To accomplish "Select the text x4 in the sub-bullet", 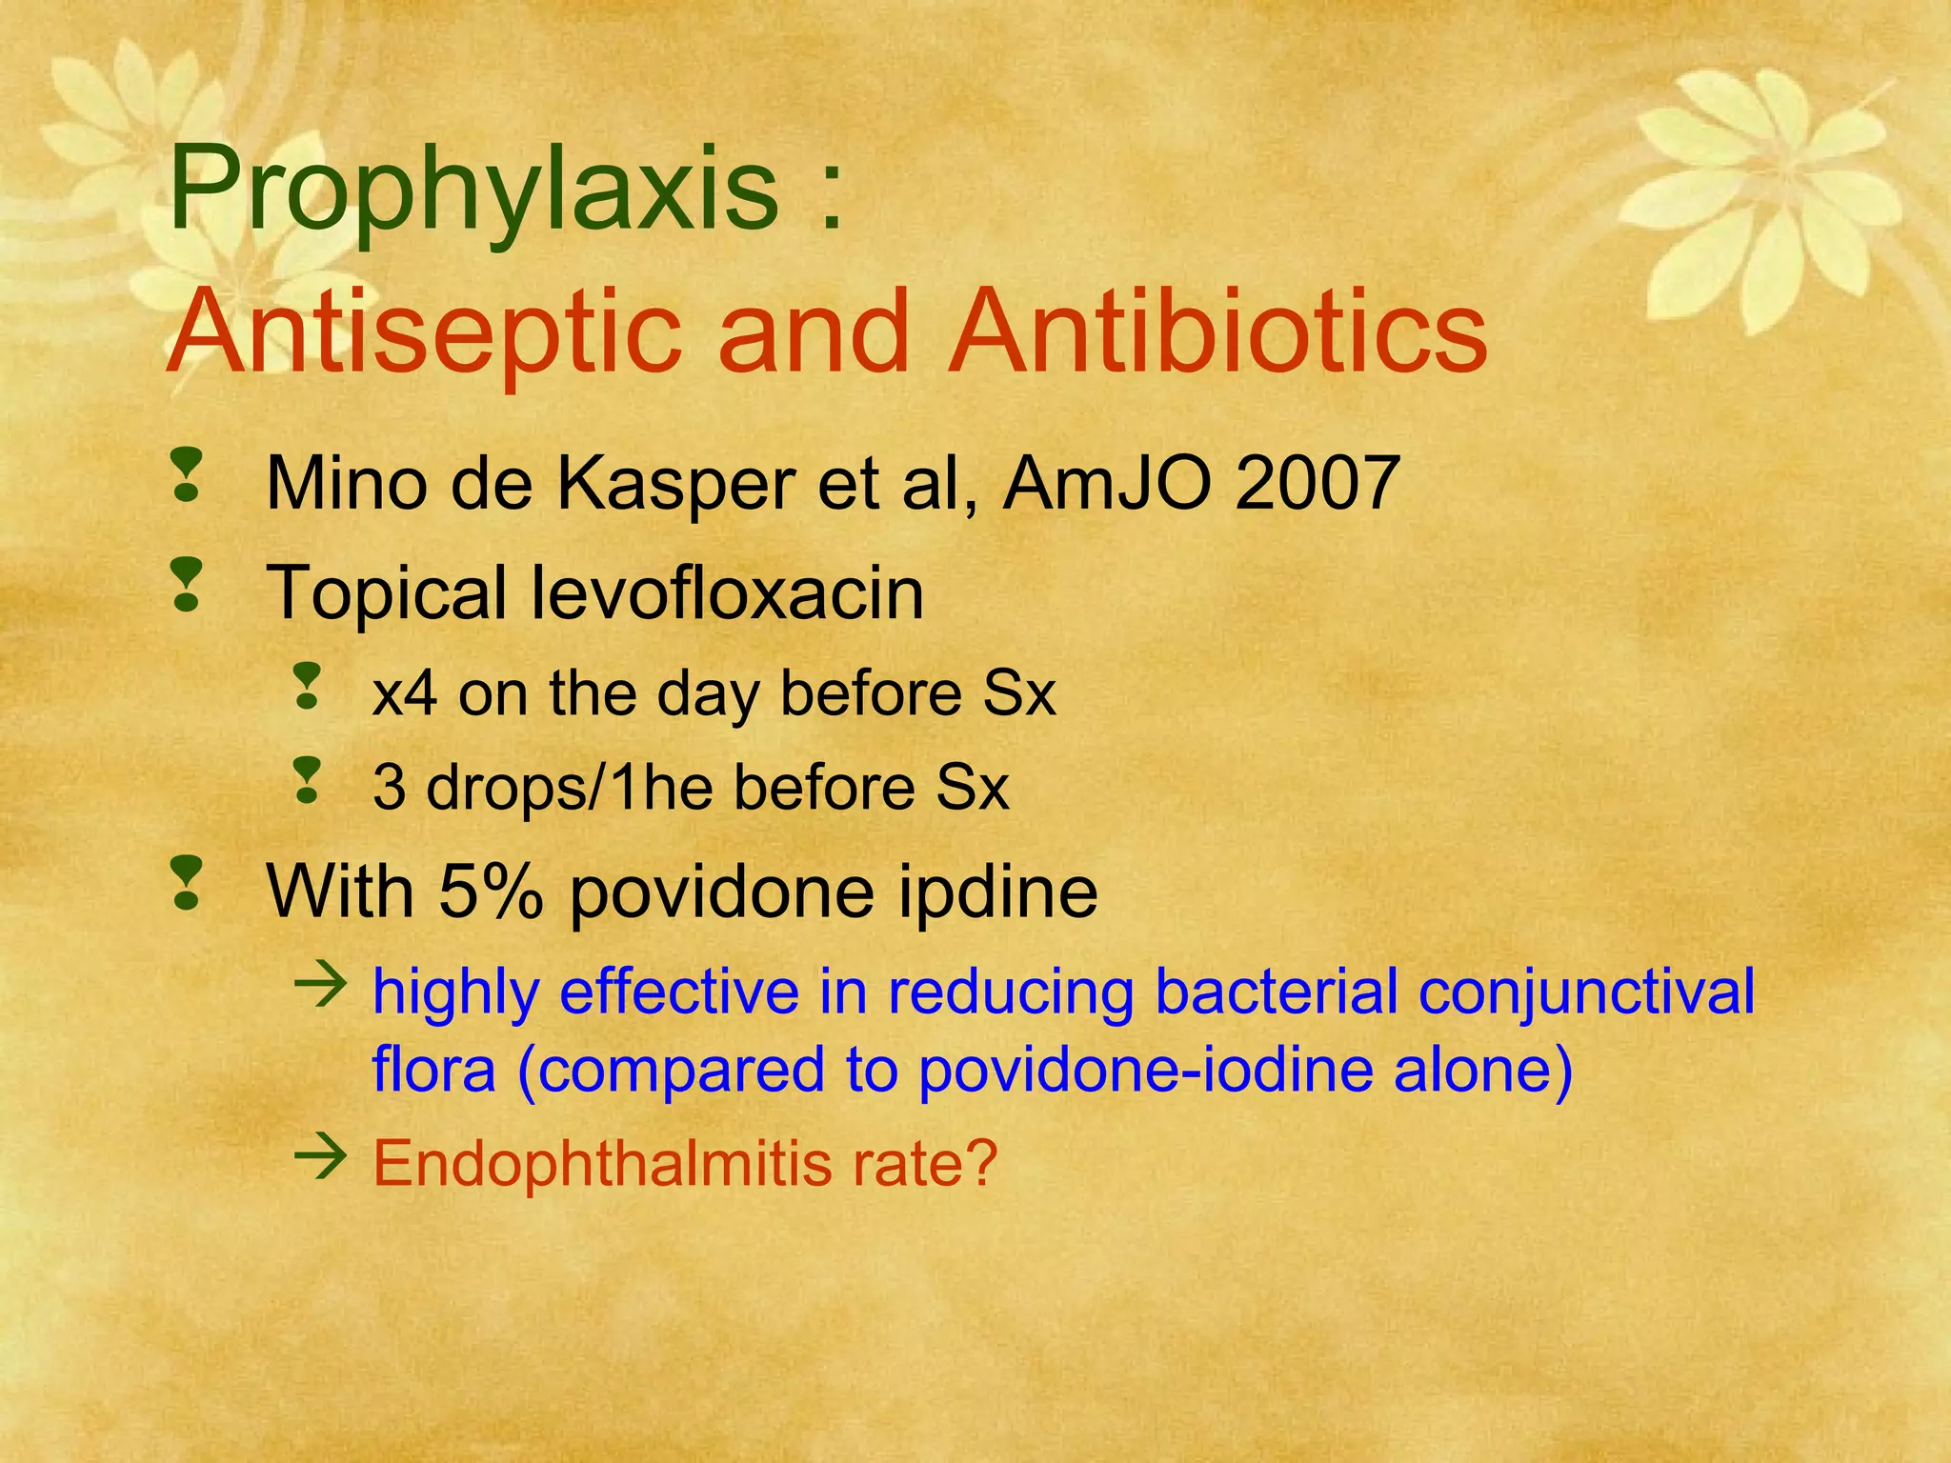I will pyautogui.click(x=404, y=692).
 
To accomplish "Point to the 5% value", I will pyautogui.click(x=492, y=891).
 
